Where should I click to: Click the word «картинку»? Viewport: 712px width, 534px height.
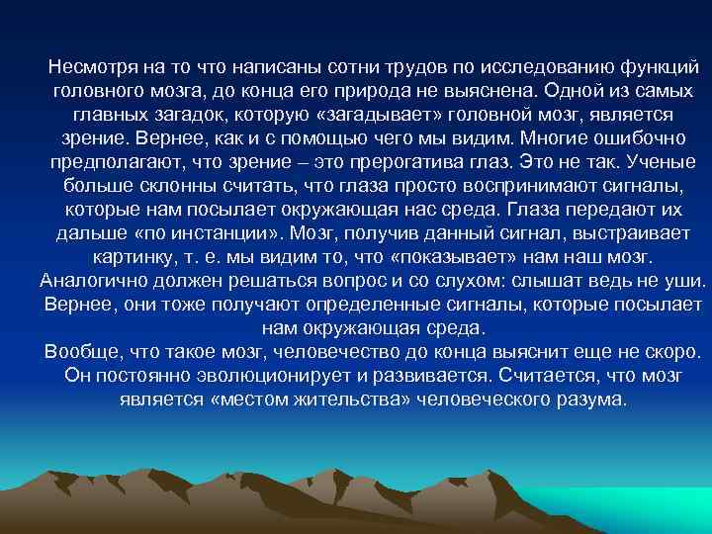coord(132,258)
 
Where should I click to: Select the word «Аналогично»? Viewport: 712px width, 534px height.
coord(93,282)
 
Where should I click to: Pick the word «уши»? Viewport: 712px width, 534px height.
coord(687,282)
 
